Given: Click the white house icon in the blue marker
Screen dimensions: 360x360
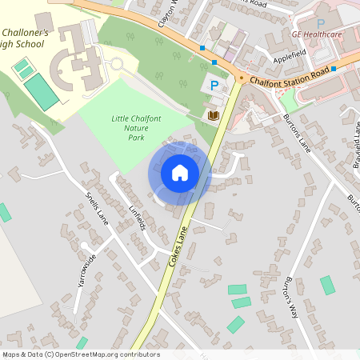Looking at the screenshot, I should (180, 172).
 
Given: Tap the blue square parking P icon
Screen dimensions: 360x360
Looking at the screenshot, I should (214, 85).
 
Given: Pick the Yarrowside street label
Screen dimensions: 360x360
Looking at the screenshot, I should (86, 270).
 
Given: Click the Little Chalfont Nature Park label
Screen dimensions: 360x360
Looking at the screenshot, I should (126, 128).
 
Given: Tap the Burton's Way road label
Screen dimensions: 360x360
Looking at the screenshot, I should (287, 297).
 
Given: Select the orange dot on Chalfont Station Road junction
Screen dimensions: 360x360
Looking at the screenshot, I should (241, 78).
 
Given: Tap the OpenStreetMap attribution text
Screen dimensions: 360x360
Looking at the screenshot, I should (80, 354).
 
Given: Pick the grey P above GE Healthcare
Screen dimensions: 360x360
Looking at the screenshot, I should (321, 24).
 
